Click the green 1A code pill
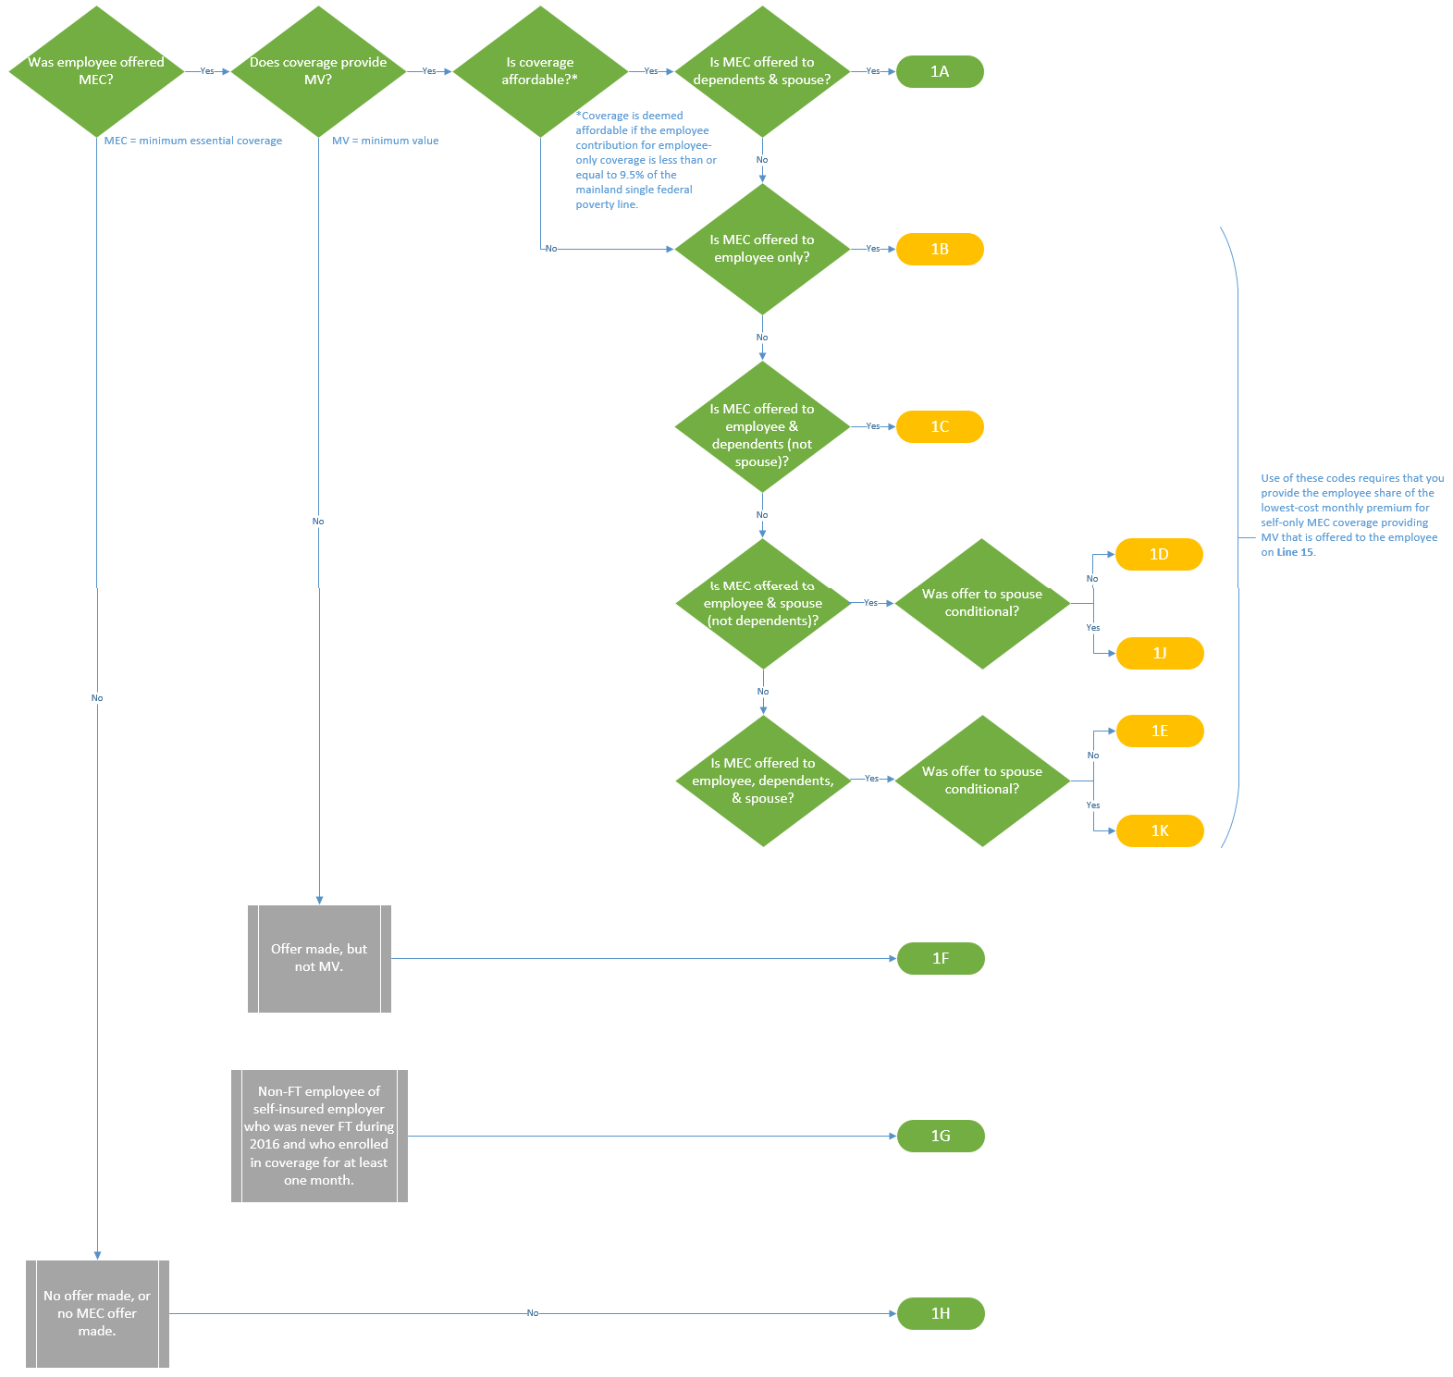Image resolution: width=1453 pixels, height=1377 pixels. (x=939, y=71)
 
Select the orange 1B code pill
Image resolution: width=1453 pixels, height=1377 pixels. (x=939, y=249)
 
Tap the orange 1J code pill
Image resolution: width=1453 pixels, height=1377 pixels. (x=1159, y=653)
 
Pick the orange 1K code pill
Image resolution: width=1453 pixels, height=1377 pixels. (x=1159, y=830)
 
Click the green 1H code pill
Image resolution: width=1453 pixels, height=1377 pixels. (x=940, y=1313)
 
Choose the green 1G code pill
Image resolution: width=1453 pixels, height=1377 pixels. (x=940, y=1136)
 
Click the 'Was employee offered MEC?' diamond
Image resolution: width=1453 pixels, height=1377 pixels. (x=96, y=71)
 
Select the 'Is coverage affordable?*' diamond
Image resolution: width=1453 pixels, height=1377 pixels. (x=540, y=71)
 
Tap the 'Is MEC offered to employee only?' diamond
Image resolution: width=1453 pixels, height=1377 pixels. (x=762, y=249)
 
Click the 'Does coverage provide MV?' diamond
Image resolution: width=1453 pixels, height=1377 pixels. (x=318, y=71)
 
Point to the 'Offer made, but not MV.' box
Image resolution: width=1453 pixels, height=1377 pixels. (x=319, y=958)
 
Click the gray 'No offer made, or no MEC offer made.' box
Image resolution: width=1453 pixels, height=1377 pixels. (x=97, y=1313)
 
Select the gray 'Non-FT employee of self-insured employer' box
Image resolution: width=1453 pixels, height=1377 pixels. (x=319, y=1136)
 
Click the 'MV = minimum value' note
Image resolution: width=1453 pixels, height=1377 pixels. (x=385, y=141)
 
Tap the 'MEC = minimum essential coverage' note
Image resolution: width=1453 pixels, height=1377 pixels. (x=192, y=141)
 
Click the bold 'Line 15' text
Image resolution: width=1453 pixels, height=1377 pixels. (x=1295, y=552)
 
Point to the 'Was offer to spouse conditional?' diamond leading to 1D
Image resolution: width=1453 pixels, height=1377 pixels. (x=982, y=603)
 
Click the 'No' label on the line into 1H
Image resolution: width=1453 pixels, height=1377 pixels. (x=532, y=1313)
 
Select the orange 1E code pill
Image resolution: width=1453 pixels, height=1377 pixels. (x=1159, y=731)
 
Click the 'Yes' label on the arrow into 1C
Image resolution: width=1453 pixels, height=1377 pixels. (x=872, y=426)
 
